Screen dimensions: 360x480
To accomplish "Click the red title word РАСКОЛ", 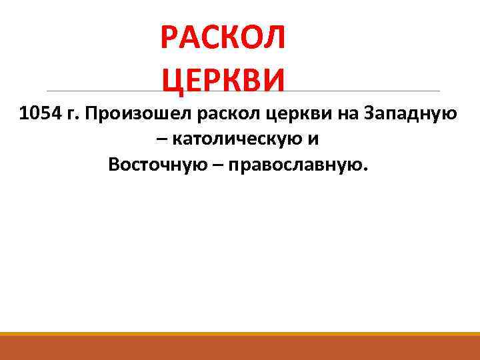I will tap(223, 38).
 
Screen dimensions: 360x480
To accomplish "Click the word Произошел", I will tap(138, 115).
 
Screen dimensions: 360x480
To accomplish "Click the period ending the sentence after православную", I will tap(365, 169).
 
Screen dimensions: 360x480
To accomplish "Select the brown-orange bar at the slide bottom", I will tap(240, 349).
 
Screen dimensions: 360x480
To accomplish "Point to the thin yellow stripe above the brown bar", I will tap(240, 333).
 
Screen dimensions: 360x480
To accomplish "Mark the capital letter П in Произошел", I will tap(90, 114).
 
